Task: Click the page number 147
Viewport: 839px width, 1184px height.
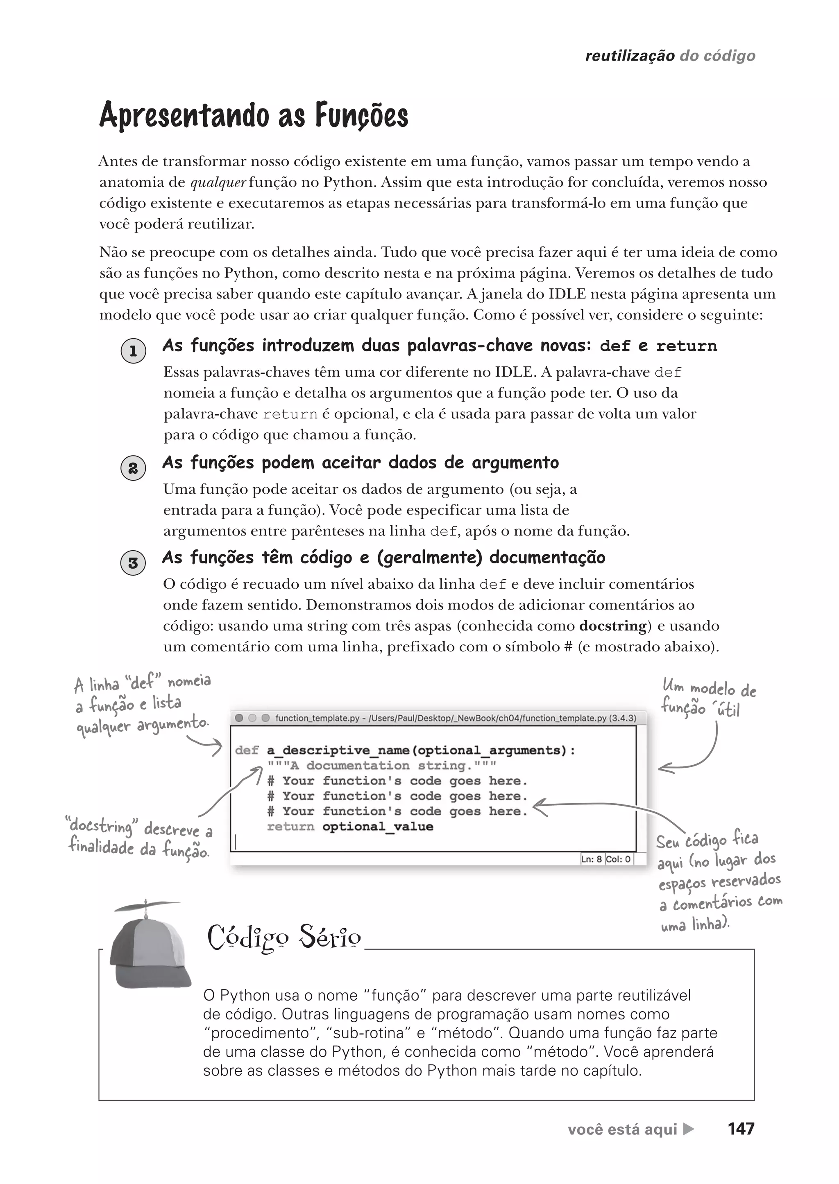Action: click(x=741, y=1129)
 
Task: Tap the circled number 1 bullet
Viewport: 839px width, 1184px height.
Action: click(x=133, y=351)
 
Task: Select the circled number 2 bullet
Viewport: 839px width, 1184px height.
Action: click(x=133, y=468)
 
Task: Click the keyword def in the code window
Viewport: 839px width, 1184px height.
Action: click(x=247, y=750)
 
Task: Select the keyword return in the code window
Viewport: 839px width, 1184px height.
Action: click(x=290, y=827)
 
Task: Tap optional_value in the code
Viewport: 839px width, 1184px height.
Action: click(x=378, y=827)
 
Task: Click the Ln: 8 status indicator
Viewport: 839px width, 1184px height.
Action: click(x=592, y=859)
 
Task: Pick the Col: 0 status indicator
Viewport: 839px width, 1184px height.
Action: click(x=619, y=859)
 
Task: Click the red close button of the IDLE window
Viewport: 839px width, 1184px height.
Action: click(x=239, y=718)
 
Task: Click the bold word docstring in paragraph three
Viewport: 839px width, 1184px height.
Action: click(x=613, y=626)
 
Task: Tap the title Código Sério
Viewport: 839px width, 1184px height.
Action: click(x=284, y=937)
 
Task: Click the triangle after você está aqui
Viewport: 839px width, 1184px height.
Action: click(x=688, y=1129)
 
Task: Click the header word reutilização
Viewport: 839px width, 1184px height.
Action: click(x=630, y=56)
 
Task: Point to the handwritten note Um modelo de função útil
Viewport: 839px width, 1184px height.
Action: click(x=709, y=698)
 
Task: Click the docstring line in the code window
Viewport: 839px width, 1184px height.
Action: click(x=382, y=765)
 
